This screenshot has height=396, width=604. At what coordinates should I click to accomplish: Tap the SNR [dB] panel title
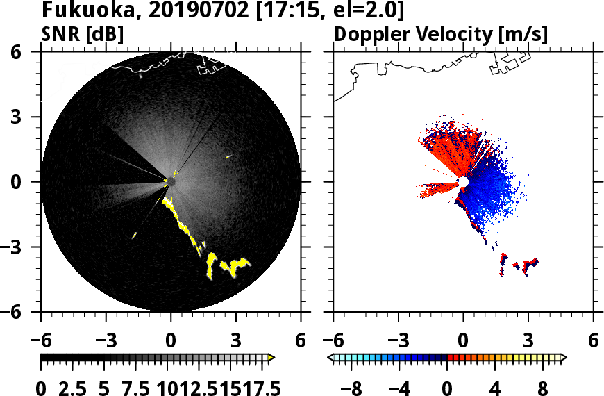pos(83,33)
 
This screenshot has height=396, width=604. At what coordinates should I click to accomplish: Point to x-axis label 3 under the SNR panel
pos(235,341)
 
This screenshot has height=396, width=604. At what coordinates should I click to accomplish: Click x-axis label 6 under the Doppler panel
pos(593,341)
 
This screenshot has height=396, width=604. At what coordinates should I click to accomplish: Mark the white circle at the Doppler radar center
pos(463,182)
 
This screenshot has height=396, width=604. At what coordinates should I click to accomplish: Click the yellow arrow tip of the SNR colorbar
pos(271,358)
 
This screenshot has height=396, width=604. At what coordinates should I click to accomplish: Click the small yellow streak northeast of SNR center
pos(228,157)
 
